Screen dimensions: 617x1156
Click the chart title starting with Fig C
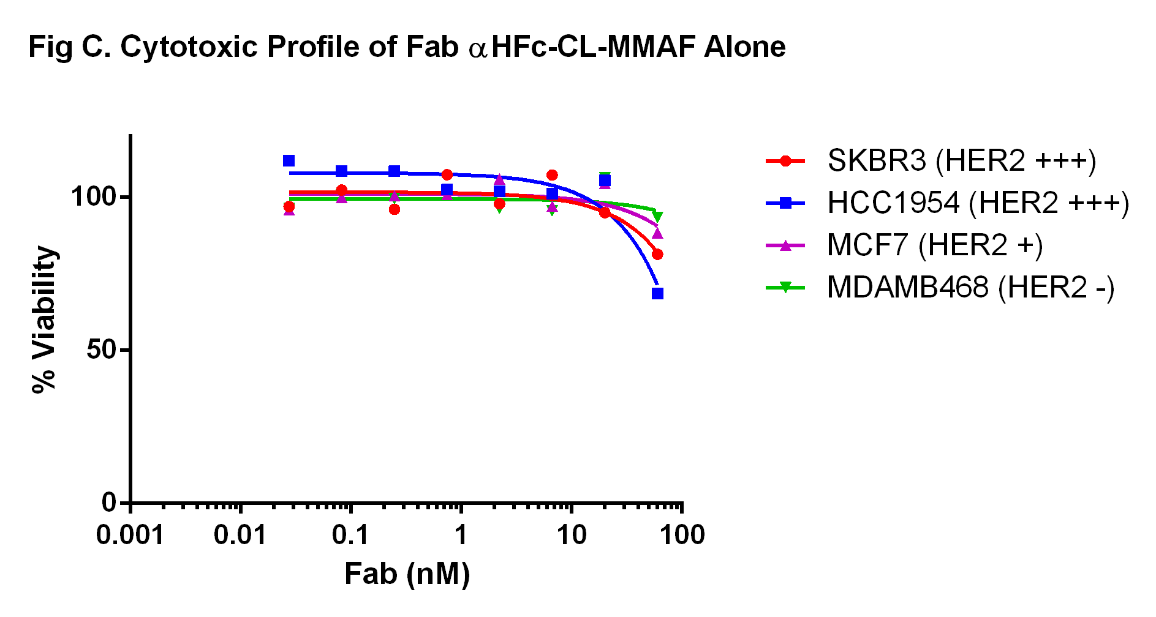tap(407, 47)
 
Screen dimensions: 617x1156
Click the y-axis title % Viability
tap(44, 319)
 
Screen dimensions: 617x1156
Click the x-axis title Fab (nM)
tap(407, 574)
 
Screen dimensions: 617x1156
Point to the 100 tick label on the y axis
tap(93, 197)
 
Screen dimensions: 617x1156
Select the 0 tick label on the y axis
tap(109, 503)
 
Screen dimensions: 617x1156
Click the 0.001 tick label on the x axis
tap(130, 536)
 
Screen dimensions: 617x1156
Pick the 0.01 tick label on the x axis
tap(240, 536)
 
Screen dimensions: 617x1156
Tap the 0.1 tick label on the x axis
tap(350, 536)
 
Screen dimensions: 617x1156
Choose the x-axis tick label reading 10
tap(571, 536)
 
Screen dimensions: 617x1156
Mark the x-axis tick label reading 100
tap(682, 536)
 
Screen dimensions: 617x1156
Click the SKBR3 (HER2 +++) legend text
tap(961, 161)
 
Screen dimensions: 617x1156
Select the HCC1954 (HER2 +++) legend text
tap(978, 203)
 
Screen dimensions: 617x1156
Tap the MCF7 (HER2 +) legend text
tap(934, 245)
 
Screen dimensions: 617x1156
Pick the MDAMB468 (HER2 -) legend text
tap(970, 288)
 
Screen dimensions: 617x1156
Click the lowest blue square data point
tap(657, 293)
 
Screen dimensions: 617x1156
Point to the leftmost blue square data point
tap(289, 161)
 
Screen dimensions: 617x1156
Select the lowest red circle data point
tap(657, 254)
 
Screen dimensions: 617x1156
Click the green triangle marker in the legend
tap(785, 287)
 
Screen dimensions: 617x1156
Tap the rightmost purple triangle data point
tap(657, 233)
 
